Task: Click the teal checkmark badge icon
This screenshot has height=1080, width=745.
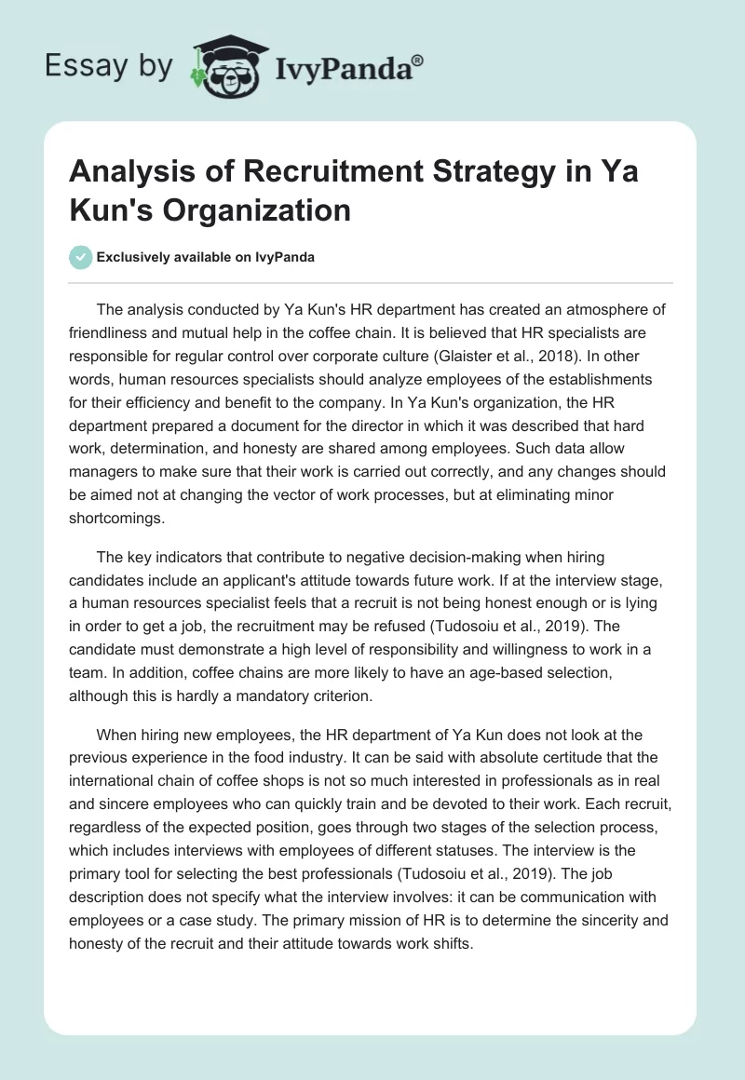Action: click(81, 258)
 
